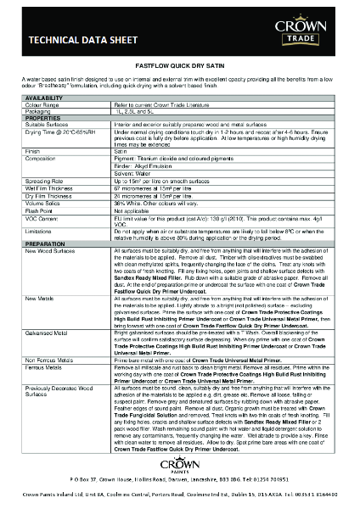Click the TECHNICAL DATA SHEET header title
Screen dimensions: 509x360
(70, 39)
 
